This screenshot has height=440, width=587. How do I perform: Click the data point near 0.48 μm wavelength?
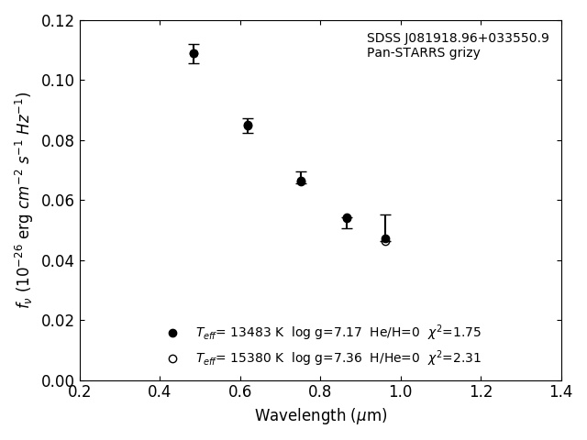pos(194,53)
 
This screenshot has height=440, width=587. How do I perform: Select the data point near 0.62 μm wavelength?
pos(248,126)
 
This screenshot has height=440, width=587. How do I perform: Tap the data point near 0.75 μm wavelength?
pos(301,181)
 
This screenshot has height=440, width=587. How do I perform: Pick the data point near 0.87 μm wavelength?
pos(347,218)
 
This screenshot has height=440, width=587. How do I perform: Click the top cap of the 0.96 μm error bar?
pos(385,214)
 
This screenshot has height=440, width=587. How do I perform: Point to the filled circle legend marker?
pos(172,333)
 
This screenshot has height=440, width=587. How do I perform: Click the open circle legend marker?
pos(172,358)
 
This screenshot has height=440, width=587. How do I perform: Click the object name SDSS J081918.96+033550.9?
pos(458,38)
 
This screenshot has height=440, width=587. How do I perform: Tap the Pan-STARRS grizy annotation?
pos(424,53)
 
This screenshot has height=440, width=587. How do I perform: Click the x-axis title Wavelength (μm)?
pos(321,416)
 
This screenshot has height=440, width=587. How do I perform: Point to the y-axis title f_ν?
pos(24,200)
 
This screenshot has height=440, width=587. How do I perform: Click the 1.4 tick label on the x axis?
pos(561,392)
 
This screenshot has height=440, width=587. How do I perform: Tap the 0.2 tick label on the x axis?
pos(80,392)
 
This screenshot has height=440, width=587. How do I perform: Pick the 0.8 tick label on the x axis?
pos(321,392)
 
